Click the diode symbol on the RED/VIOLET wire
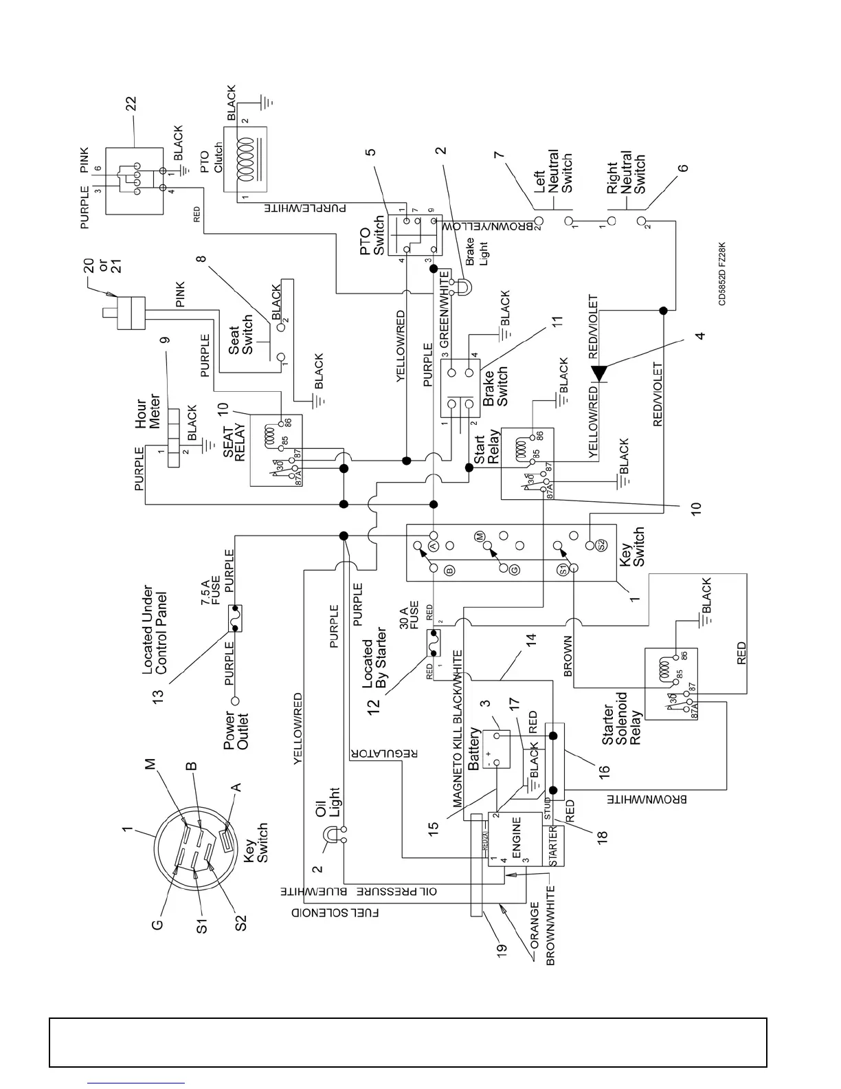[x=600, y=373]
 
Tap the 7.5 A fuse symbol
[x=234, y=618]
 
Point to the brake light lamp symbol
[x=463, y=283]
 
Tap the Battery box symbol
[x=496, y=749]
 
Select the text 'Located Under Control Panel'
[x=155, y=629]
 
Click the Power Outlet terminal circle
[x=235, y=701]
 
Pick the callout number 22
[x=131, y=104]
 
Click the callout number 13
[x=159, y=695]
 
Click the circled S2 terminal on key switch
[x=602, y=544]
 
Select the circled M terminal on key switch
[x=480, y=535]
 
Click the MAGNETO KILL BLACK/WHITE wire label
[x=458, y=729]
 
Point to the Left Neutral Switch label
[x=554, y=172]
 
